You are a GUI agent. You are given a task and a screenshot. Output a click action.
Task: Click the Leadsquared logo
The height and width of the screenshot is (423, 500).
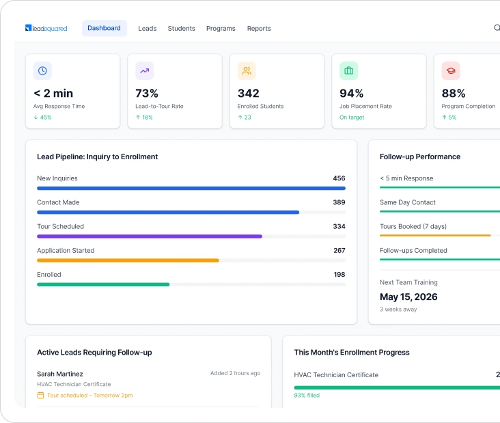[x=46, y=28]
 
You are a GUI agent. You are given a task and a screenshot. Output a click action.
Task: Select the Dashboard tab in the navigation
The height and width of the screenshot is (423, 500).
[x=104, y=28]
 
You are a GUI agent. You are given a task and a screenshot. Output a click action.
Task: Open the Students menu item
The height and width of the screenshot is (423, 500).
[x=181, y=29]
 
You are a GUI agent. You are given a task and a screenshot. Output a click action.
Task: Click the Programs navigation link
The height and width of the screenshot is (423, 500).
[x=221, y=29]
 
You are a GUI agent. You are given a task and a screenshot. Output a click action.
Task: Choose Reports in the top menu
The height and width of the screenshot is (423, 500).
[x=259, y=29]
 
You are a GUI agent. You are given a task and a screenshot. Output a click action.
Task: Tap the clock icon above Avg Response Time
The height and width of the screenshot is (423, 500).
[x=42, y=70]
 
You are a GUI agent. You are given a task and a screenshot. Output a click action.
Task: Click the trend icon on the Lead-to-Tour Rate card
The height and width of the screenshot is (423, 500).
[x=144, y=70]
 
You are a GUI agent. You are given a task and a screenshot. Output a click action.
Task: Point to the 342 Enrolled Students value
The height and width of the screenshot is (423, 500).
[x=249, y=93]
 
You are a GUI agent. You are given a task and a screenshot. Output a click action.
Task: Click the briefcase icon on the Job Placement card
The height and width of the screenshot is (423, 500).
[x=348, y=70]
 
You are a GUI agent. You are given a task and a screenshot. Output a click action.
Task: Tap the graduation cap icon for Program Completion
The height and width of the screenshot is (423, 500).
[x=451, y=70]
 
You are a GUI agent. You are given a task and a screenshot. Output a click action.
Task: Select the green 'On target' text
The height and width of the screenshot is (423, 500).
[x=352, y=118]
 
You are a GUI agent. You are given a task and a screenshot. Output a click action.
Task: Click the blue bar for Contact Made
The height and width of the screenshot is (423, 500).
[x=168, y=213]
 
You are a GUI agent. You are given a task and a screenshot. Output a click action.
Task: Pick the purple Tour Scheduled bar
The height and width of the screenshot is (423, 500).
[x=150, y=236]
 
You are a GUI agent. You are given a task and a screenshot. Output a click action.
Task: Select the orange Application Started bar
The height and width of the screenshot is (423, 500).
[x=128, y=260]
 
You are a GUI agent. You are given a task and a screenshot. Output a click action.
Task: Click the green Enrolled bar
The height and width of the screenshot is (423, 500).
[x=103, y=284]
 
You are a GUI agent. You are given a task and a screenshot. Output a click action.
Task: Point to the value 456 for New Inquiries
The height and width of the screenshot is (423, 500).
[x=339, y=178]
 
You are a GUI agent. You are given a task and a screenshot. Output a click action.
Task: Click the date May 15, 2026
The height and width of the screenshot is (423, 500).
[x=408, y=297]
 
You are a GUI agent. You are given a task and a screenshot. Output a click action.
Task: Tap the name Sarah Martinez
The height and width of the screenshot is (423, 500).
[x=60, y=374]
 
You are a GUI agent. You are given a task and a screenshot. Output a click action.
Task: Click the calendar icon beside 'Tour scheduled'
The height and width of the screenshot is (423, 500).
[x=40, y=395]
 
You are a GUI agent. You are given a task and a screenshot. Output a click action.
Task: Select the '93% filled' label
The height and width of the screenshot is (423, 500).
[x=307, y=395]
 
